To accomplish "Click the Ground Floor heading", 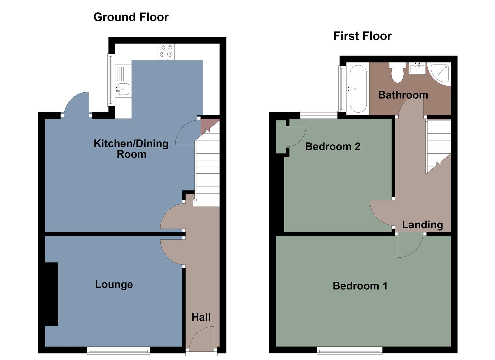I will [x=131, y=17].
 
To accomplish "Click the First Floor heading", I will [x=362, y=36].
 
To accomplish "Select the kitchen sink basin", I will [x=123, y=89].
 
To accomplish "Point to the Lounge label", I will [x=114, y=284].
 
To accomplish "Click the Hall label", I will [x=201, y=317].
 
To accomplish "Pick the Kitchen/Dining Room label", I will [x=131, y=149].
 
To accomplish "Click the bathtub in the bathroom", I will [x=358, y=88].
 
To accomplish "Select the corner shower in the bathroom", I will [x=441, y=73].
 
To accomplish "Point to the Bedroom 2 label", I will [x=333, y=146].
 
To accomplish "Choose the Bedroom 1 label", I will [x=360, y=286].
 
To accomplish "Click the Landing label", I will [x=422, y=225].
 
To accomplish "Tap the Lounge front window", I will [x=118, y=350].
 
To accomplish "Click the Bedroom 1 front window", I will [x=349, y=350].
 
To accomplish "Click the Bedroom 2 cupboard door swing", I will [x=296, y=137].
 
